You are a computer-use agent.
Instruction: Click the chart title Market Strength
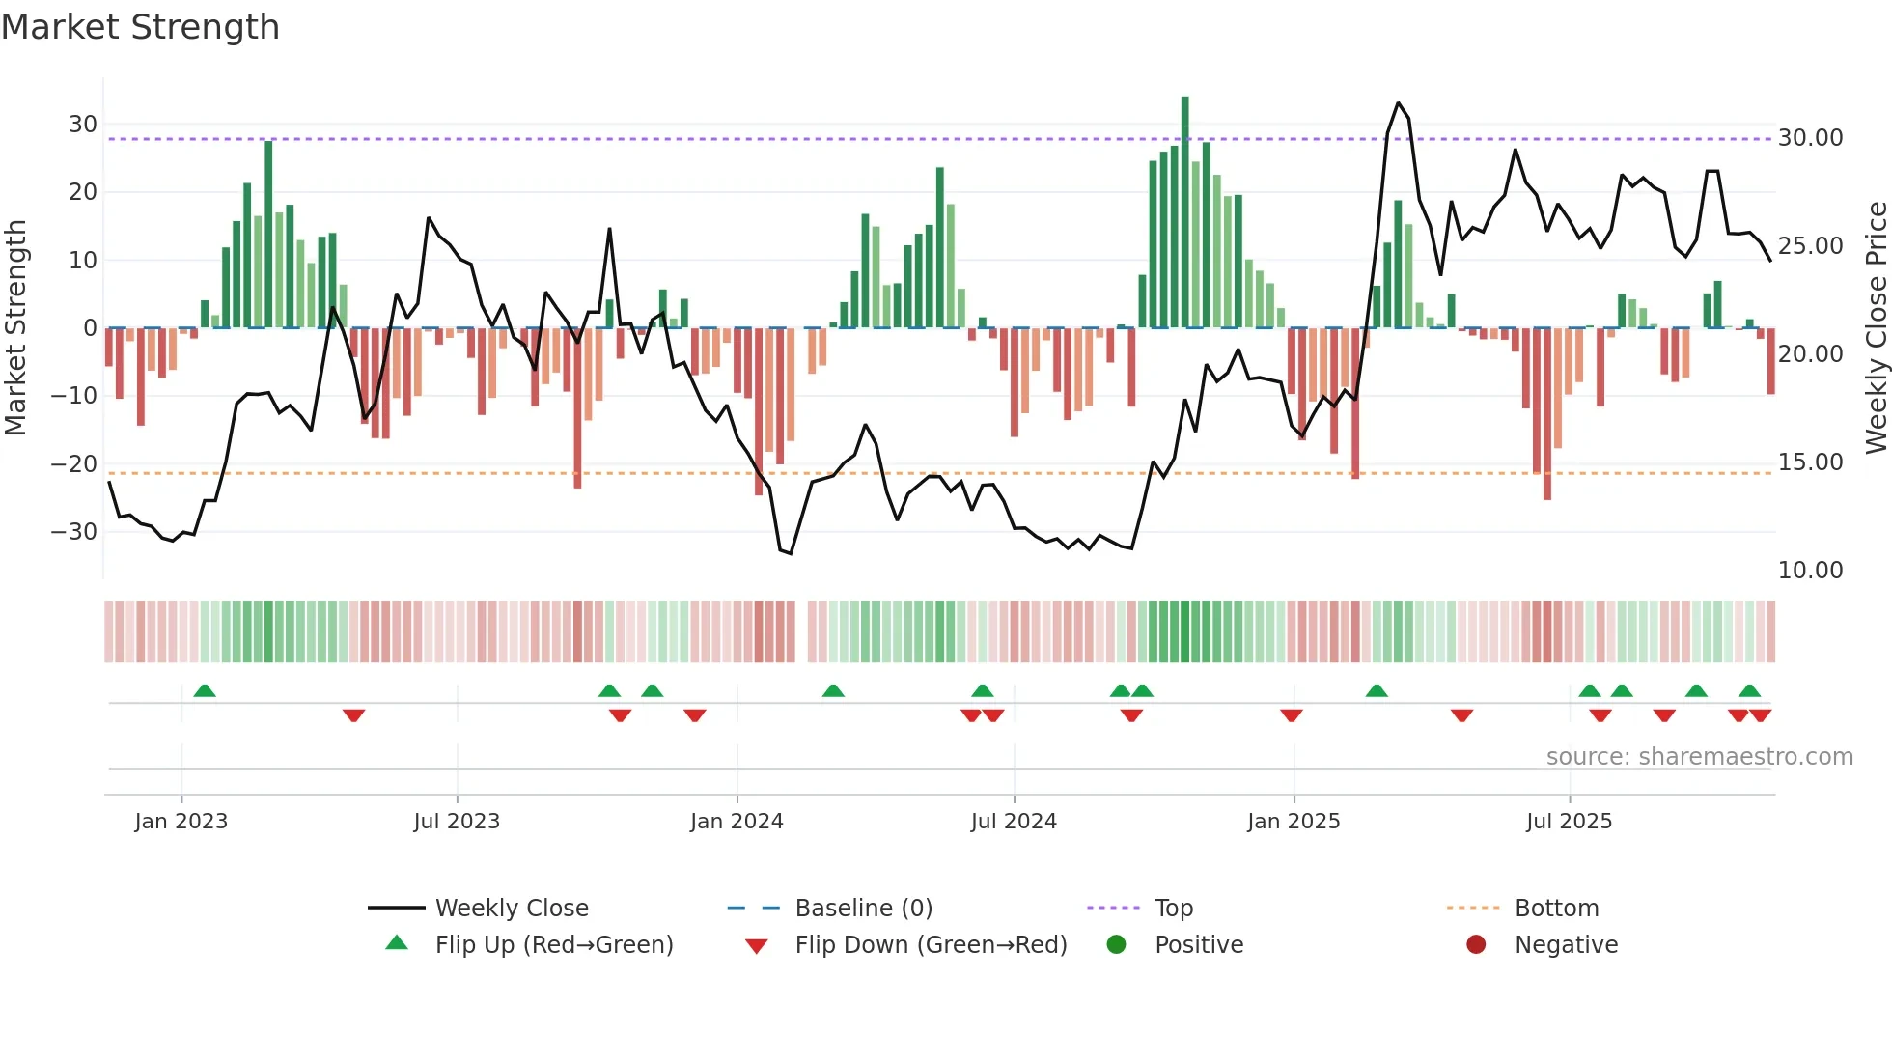(140, 27)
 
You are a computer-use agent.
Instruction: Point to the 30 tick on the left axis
(83, 125)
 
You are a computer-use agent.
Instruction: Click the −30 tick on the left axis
(74, 532)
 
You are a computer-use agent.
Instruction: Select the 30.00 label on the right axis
(1810, 138)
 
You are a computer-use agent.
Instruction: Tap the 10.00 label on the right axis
(1810, 571)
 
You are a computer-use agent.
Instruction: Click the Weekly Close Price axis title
(1876, 327)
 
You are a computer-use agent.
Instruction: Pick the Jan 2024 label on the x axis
(737, 822)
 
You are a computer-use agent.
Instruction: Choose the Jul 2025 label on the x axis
(1569, 822)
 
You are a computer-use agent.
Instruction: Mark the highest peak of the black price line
(1398, 102)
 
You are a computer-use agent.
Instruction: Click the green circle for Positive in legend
(1117, 945)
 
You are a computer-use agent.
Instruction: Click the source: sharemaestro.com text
(1699, 757)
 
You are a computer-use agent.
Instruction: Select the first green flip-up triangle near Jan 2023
(205, 690)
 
